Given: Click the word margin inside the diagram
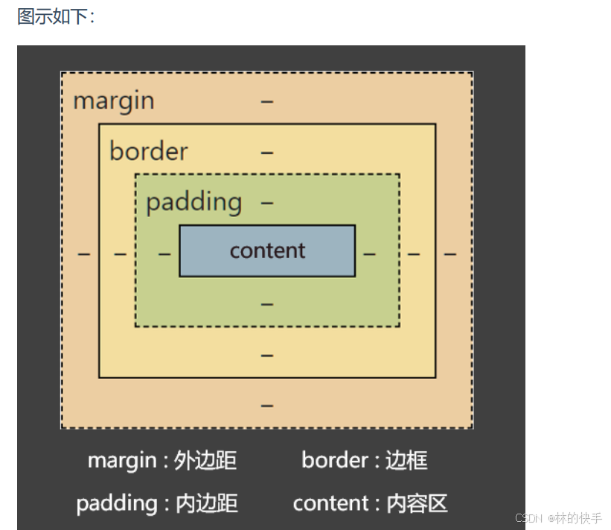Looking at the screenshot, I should click(x=114, y=100).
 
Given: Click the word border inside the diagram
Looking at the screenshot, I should click(x=148, y=151).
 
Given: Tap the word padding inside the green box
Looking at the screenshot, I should click(x=193, y=202).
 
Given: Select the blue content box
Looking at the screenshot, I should click(x=267, y=251).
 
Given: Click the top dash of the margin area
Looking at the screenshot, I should click(x=267, y=101).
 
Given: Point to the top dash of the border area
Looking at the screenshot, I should click(x=267, y=152).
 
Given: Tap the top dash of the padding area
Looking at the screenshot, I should click(x=267, y=202).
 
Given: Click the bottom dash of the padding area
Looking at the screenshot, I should click(x=267, y=305).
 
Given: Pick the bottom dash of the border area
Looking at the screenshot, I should click(x=267, y=356).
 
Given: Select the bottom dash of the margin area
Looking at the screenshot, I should click(x=267, y=406).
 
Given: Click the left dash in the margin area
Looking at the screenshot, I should click(x=84, y=254).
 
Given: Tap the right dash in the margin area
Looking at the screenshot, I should click(x=450, y=254).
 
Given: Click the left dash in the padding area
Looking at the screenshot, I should click(x=164, y=254).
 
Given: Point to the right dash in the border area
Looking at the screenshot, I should click(x=414, y=254).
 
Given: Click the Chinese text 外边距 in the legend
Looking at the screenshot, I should click(x=205, y=461).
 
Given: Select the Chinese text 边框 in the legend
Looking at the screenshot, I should click(x=406, y=461).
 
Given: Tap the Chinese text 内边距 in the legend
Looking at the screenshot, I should click(x=207, y=504).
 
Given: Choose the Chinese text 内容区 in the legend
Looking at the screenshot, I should click(x=418, y=504).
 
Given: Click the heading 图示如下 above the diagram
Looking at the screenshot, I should click(x=56, y=16).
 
